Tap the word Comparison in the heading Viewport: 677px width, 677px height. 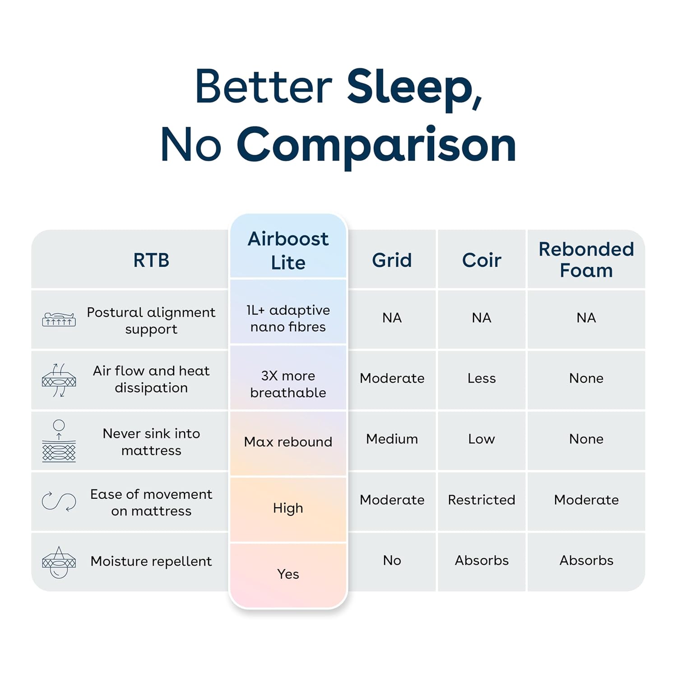[376, 146]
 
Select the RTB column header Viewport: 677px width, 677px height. [151, 260]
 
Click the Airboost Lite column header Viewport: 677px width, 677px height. [288, 250]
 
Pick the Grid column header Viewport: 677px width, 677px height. [392, 260]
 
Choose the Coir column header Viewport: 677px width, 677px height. [482, 260]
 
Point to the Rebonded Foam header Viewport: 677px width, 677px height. [586, 260]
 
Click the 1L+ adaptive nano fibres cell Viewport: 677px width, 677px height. [288, 318]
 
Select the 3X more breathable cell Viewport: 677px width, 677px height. [288, 384]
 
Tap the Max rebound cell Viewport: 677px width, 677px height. [288, 441]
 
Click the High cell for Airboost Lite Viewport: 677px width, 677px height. [288, 508]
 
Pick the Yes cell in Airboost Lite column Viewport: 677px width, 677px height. [288, 574]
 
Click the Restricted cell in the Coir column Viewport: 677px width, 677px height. [482, 500]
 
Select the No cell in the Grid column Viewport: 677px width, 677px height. [392, 561]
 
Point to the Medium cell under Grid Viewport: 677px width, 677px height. [392, 439]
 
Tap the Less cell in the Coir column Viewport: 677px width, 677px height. [482, 378]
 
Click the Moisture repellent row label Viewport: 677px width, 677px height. [151, 561]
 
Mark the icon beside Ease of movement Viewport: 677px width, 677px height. [59, 501]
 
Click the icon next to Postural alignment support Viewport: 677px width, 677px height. [59, 319]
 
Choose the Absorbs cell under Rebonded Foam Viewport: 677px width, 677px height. [586, 561]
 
